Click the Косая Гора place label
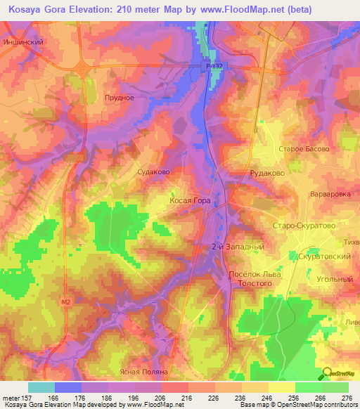click(x=190, y=200)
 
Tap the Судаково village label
click(x=153, y=171)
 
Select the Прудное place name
click(x=119, y=98)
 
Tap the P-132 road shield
click(x=215, y=66)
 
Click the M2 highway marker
click(x=66, y=302)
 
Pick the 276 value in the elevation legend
click(x=347, y=398)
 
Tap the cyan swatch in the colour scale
click(x=41, y=387)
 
